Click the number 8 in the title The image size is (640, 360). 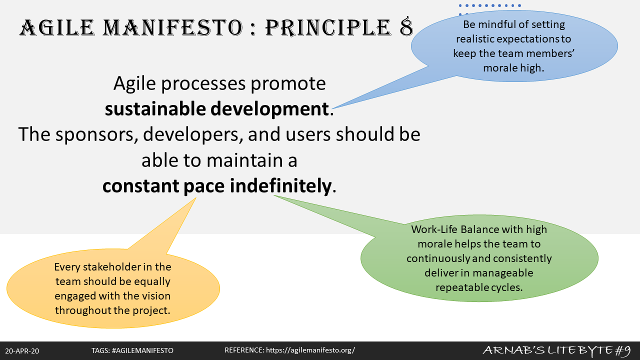tap(406, 27)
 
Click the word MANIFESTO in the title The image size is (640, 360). tap(173, 27)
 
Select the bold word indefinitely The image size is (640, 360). tap(280, 185)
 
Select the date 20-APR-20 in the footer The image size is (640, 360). tap(22, 351)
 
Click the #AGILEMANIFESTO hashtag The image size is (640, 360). tap(142, 350)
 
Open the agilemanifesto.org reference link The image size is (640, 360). tap(310, 350)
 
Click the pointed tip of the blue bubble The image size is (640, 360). tap(332, 108)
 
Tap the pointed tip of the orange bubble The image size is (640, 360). tap(196, 197)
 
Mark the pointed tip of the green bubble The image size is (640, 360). tap(273, 195)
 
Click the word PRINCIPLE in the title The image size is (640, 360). tap(328, 27)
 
